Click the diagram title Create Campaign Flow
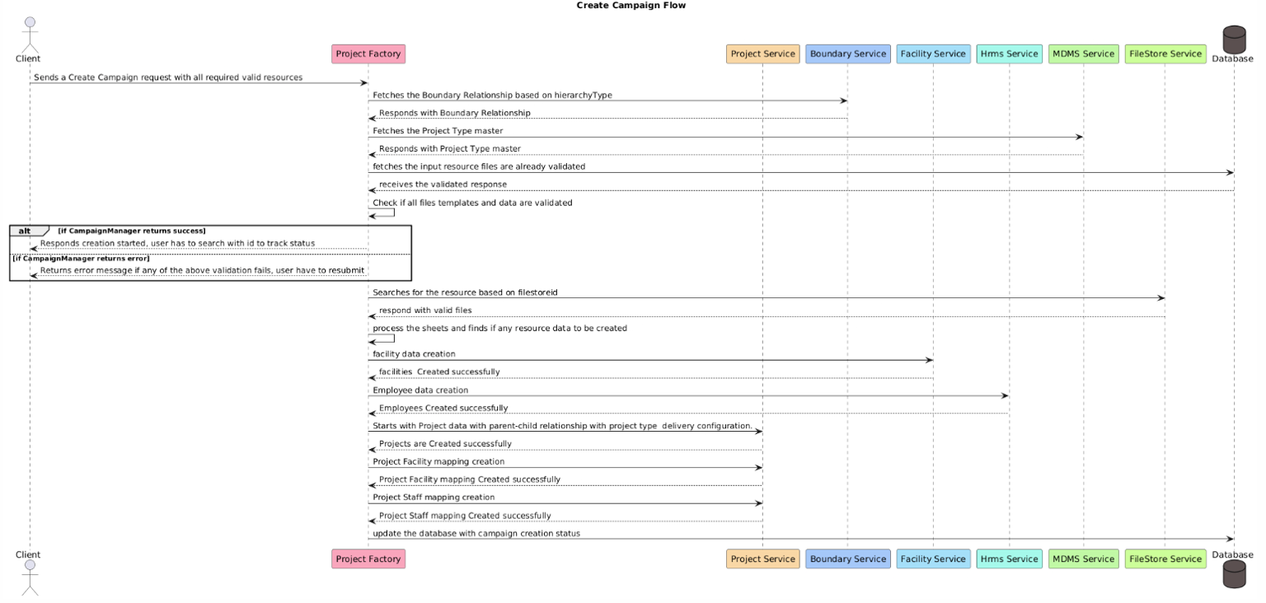[631, 6]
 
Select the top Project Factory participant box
[368, 54]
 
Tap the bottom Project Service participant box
[762, 559]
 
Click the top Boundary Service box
[847, 54]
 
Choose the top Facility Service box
[933, 54]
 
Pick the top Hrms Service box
[1009, 54]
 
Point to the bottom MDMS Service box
[1083, 559]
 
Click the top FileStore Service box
[1165, 54]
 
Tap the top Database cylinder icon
[1234, 39]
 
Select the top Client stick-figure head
[30, 22]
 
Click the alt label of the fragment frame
[25, 231]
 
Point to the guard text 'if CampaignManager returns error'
[81, 259]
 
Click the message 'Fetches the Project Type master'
[438, 131]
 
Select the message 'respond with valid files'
[425, 311]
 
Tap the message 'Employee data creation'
[420, 390]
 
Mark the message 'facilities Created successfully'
[439, 372]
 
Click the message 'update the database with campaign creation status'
[476, 534]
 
